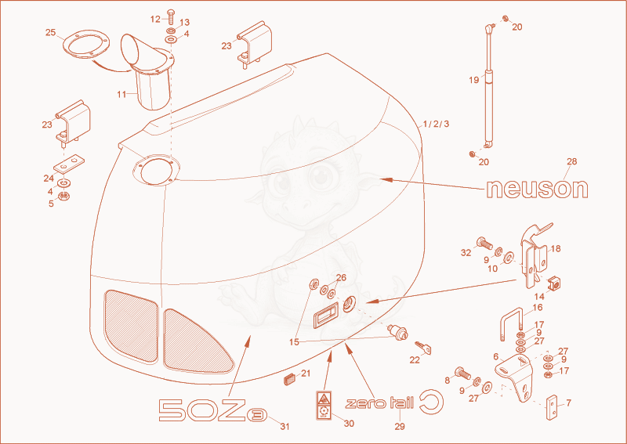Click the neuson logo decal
(537, 189)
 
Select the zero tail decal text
(379, 402)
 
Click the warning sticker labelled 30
(324, 405)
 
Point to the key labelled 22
(423, 348)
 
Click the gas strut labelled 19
(488, 86)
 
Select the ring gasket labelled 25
(86, 45)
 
